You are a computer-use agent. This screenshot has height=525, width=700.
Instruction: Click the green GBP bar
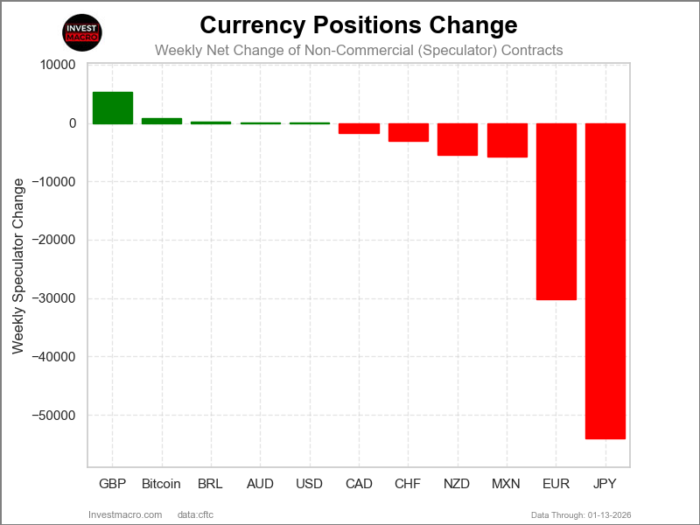(113, 108)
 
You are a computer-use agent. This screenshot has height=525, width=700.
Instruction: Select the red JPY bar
(605, 280)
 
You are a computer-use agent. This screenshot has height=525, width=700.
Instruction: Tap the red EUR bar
(556, 212)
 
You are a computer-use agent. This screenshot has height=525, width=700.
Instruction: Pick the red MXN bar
(507, 140)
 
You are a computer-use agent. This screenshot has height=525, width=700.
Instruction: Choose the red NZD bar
(458, 139)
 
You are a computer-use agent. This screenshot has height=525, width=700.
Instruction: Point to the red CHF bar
(409, 132)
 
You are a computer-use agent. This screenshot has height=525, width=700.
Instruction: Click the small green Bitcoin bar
(162, 121)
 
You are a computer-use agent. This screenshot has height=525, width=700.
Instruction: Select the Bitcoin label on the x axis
(162, 484)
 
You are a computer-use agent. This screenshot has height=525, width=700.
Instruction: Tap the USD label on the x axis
(310, 484)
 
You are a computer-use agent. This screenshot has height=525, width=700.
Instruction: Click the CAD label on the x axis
(359, 484)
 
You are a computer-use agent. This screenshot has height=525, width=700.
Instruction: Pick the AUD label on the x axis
(261, 484)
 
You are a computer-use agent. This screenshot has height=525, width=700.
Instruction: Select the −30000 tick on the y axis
(55, 298)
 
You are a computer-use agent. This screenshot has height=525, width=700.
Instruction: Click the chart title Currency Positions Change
(359, 24)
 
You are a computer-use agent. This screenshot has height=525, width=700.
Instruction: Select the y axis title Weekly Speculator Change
(18, 266)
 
